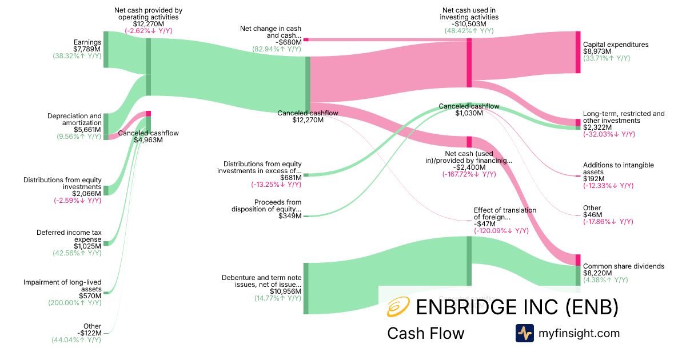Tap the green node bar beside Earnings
[x=106, y=50]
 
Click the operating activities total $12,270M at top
[x=148, y=24]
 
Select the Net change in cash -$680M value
[x=288, y=42]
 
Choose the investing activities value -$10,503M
[x=469, y=24]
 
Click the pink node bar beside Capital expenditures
[x=577, y=53]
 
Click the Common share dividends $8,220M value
[x=597, y=273]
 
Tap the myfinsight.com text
[x=579, y=333]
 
